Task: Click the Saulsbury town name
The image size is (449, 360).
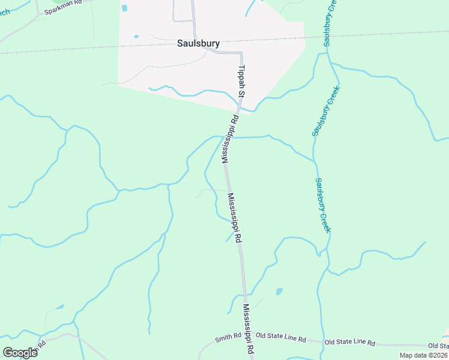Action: (x=198, y=43)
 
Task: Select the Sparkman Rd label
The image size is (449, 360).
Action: (x=62, y=7)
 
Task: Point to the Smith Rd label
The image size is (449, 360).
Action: (x=228, y=337)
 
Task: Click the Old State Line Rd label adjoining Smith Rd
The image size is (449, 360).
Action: (x=280, y=338)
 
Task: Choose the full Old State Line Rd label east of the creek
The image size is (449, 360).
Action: (x=349, y=343)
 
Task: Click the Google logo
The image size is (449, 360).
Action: (x=20, y=353)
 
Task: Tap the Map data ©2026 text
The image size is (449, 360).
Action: (x=424, y=355)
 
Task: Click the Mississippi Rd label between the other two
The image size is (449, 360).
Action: (x=235, y=217)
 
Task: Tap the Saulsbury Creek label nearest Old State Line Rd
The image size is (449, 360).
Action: (x=324, y=206)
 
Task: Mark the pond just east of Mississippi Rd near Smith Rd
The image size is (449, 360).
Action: (x=279, y=292)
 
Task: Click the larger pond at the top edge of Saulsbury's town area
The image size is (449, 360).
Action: (x=125, y=8)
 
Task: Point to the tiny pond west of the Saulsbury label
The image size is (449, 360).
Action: (x=136, y=37)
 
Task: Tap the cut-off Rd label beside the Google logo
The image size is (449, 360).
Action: (x=41, y=347)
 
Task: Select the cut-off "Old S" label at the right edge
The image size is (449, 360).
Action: (x=438, y=346)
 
